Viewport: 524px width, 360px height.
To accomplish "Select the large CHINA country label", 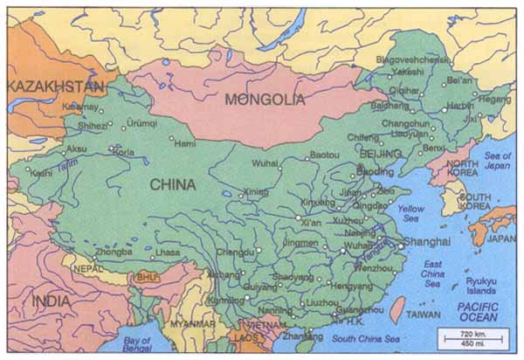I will point(172,184).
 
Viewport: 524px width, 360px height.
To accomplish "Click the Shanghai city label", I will point(425,241).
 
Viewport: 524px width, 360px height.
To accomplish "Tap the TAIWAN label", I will point(424,314).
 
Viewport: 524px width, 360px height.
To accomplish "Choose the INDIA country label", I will point(52,301).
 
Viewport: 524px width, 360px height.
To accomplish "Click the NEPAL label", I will point(87,269).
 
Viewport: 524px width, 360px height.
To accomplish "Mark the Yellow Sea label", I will point(410,214).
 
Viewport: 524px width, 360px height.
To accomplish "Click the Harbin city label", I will point(460,106).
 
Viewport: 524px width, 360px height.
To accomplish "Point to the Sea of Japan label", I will point(497,162).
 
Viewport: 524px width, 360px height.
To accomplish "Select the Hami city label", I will point(185,143).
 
